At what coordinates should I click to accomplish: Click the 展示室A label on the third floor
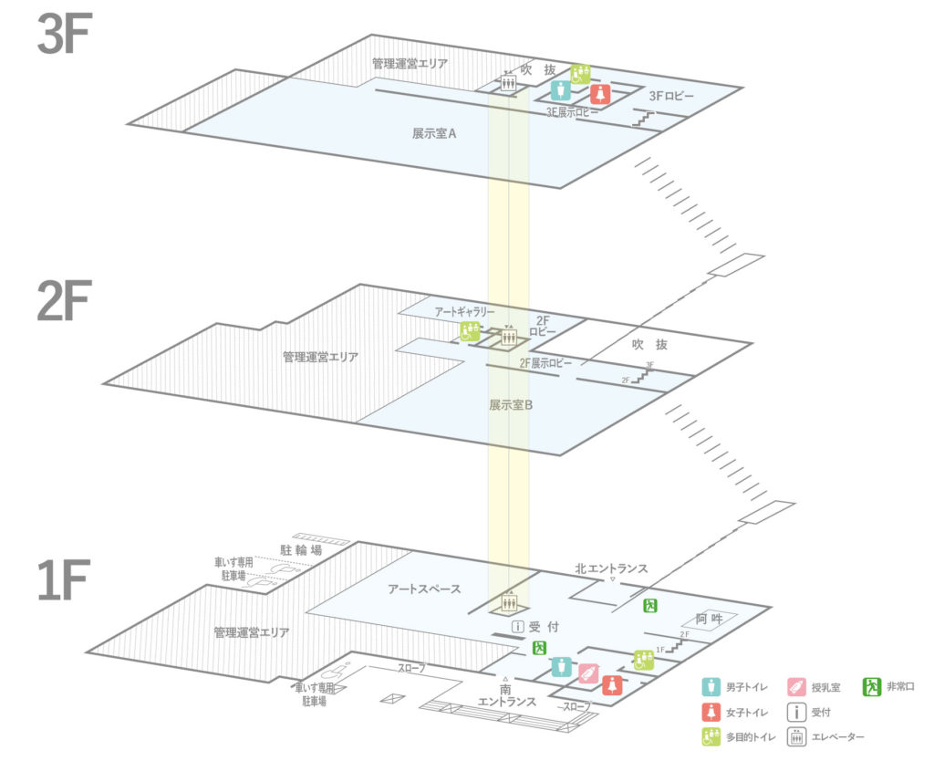tap(433, 133)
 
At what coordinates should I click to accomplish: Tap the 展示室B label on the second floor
tap(510, 404)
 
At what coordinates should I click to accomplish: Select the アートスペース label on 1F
tap(424, 589)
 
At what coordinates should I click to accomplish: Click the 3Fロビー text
tap(671, 95)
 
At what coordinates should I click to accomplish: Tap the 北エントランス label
tap(611, 568)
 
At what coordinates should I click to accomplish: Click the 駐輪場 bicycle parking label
tap(301, 550)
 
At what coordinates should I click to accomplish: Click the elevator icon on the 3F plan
tap(508, 83)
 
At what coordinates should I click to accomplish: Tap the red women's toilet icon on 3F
tap(599, 93)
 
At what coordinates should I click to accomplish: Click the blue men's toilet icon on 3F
tap(561, 90)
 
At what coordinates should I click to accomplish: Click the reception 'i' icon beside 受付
tap(517, 627)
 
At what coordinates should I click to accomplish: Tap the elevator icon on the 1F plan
tap(509, 602)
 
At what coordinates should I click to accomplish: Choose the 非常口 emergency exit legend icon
tap(873, 686)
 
